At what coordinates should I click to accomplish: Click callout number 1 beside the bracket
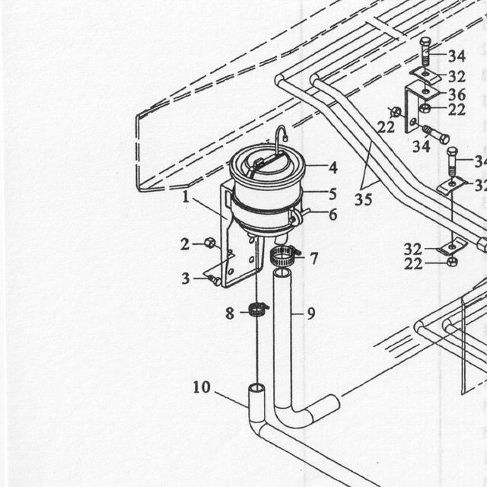click(x=186, y=197)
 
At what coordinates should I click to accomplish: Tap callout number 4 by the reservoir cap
click(x=333, y=167)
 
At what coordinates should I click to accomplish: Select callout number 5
click(x=333, y=194)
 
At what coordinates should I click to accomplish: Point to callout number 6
click(x=333, y=215)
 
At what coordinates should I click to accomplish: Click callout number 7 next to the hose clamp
click(x=314, y=259)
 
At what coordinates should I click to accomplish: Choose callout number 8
click(x=230, y=313)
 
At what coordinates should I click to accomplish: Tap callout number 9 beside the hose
click(x=311, y=314)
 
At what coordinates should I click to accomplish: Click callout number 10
click(x=202, y=387)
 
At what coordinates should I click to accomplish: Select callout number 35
click(x=363, y=199)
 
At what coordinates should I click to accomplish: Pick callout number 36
click(x=457, y=94)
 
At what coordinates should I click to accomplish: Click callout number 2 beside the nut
click(x=185, y=244)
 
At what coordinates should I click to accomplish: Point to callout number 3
click(x=186, y=279)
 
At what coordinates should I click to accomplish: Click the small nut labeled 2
click(x=210, y=243)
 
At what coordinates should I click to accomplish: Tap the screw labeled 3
click(x=215, y=280)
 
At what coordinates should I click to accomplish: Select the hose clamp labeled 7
click(x=283, y=255)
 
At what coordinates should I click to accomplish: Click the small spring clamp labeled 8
click(x=259, y=310)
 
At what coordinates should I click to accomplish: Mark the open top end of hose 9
click(x=282, y=273)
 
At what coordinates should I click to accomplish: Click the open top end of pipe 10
click(x=257, y=388)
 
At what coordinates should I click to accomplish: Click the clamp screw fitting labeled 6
click(x=298, y=215)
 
